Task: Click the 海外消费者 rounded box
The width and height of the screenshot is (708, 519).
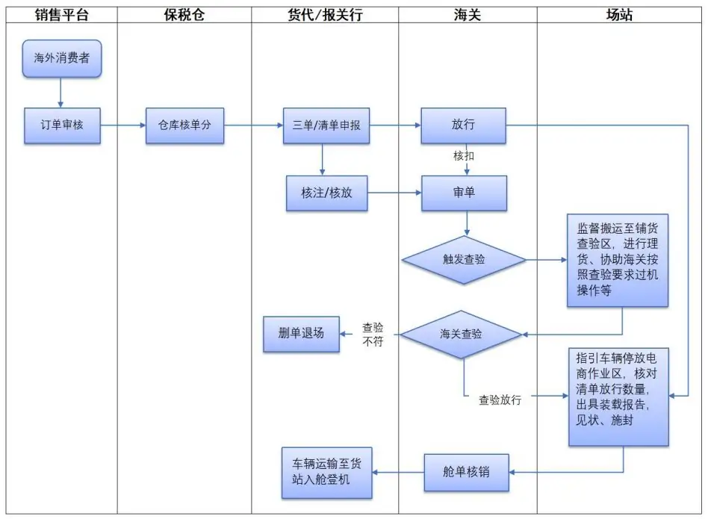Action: click(x=61, y=58)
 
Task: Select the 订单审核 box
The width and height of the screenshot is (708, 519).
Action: click(x=61, y=125)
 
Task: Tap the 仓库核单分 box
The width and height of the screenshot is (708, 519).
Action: click(x=184, y=125)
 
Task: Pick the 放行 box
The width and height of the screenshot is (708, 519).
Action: click(x=463, y=125)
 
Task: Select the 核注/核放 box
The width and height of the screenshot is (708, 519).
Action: click(x=326, y=193)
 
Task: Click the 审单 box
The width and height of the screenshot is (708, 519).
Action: click(x=464, y=193)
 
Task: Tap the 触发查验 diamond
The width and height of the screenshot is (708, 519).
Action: click(x=464, y=260)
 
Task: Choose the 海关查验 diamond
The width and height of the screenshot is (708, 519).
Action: click(x=461, y=334)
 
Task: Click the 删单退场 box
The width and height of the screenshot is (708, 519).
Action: click(x=301, y=334)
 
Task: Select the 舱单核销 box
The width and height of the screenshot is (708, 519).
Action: click(x=467, y=472)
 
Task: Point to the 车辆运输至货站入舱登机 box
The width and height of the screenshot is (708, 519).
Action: click(x=326, y=472)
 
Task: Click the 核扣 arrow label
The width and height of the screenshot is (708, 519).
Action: click(x=464, y=156)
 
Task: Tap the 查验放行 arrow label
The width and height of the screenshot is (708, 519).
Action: click(x=500, y=400)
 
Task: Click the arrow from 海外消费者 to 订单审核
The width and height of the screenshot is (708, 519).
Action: click(x=61, y=93)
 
